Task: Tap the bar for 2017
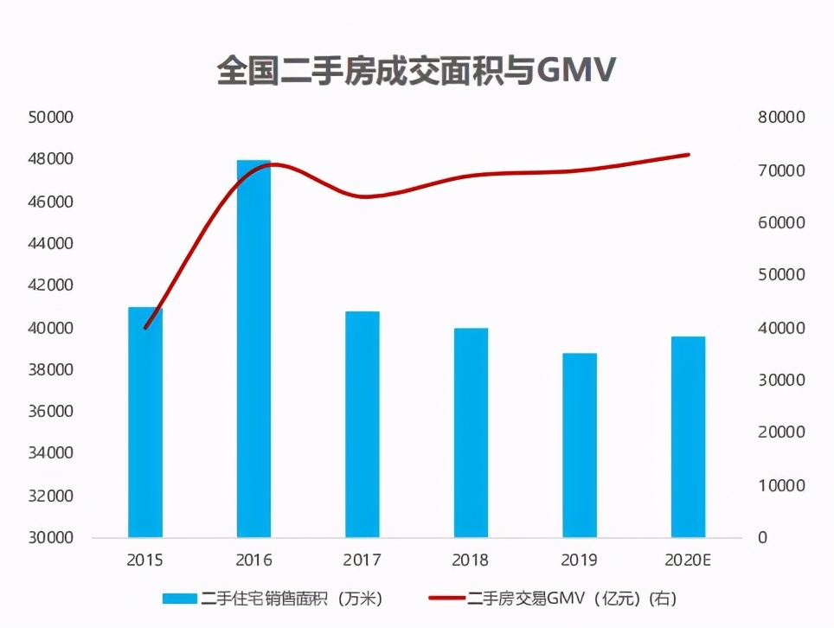(x=362, y=424)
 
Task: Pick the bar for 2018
(x=471, y=433)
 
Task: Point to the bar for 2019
(x=580, y=445)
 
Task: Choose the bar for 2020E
(x=688, y=437)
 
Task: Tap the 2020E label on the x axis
(x=688, y=561)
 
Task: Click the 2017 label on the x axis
(x=362, y=561)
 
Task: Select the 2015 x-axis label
(x=144, y=561)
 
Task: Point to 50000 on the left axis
(x=49, y=118)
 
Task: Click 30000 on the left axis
(x=49, y=538)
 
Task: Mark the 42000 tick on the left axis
(x=49, y=285)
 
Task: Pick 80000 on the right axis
(x=782, y=118)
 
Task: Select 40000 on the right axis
(x=782, y=328)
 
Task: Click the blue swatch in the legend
(x=181, y=599)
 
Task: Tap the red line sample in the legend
(x=447, y=599)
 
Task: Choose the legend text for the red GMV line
(x=572, y=599)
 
